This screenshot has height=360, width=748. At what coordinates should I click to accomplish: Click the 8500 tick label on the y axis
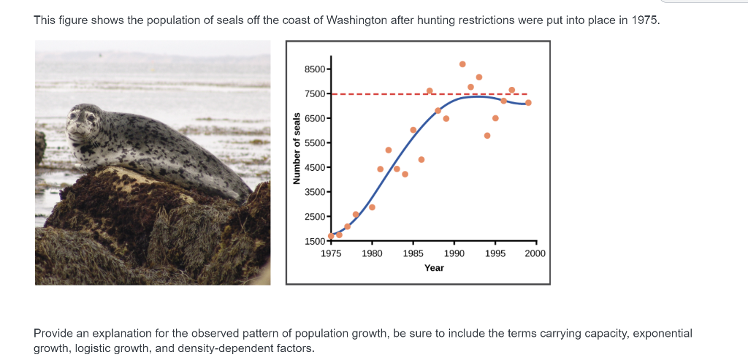pyautogui.click(x=316, y=69)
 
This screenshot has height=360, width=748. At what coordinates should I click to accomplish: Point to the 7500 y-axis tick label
pyautogui.click(x=316, y=94)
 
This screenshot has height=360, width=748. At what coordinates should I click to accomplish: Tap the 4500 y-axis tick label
pyautogui.click(x=316, y=168)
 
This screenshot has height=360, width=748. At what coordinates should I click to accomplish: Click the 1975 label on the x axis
pyautogui.click(x=331, y=253)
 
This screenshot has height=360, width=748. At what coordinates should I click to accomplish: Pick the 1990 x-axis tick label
pyautogui.click(x=454, y=253)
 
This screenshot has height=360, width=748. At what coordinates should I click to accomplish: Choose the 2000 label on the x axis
pyautogui.click(x=535, y=253)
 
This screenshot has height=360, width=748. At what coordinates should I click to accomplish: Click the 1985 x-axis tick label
pyautogui.click(x=413, y=253)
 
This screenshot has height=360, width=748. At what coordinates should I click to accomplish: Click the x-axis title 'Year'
pyautogui.click(x=434, y=268)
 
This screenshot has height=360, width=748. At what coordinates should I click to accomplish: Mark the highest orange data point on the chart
pyautogui.click(x=462, y=64)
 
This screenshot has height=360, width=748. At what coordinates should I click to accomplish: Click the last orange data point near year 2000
pyautogui.click(x=528, y=102)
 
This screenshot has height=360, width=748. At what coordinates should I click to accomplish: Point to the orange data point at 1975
pyautogui.click(x=331, y=236)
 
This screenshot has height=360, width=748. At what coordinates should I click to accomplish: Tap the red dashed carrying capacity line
pyautogui.click(x=380, y=94)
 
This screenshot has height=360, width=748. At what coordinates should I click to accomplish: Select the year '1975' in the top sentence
pyautogui.click(x=645, y=20)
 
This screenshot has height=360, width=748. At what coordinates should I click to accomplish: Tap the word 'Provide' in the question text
pyautogui.click(x=53, y=333)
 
